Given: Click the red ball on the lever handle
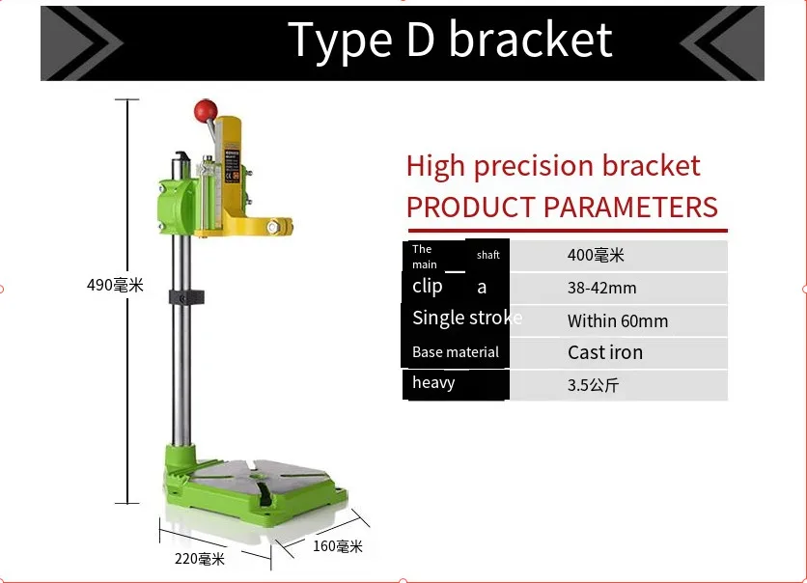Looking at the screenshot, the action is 206,111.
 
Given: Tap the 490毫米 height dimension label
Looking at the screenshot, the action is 115,285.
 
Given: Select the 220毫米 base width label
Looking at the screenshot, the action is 200,559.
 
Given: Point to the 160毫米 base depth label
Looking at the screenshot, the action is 338,546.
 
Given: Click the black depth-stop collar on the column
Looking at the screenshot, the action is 186,297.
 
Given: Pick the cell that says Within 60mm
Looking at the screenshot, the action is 618,321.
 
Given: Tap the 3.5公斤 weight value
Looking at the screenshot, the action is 593,385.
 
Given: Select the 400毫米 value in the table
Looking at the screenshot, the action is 596,255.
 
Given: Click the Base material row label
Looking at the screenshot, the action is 456,352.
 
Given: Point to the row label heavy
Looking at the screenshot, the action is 433,383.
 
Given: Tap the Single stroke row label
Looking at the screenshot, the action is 467,318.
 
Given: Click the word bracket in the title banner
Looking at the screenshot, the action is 531,40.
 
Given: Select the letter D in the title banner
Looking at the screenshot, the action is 420,40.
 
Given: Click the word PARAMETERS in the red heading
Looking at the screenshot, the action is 630,207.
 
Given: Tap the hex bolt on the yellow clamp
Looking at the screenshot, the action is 273,227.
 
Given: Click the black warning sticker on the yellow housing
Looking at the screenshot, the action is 232,166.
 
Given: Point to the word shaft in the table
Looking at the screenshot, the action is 487,255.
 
